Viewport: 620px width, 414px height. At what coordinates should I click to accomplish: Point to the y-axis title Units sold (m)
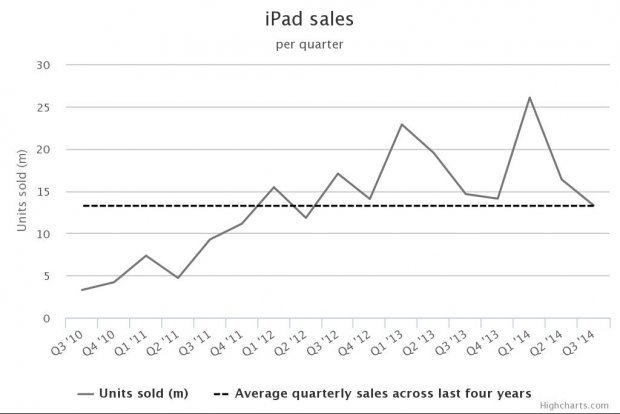(22, 191)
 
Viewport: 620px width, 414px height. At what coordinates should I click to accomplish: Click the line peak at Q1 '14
(530, 97)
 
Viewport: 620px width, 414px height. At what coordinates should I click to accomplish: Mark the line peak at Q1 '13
(402, 125)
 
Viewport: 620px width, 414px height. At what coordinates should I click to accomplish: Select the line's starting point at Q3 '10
(82, 290)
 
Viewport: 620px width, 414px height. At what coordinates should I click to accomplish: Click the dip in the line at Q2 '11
(178, 278)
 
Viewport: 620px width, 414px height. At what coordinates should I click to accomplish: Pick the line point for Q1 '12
(274, 187)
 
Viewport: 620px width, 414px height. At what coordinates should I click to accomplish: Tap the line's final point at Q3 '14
(594, 205)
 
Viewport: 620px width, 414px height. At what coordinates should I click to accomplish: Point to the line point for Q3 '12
(338, 174)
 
